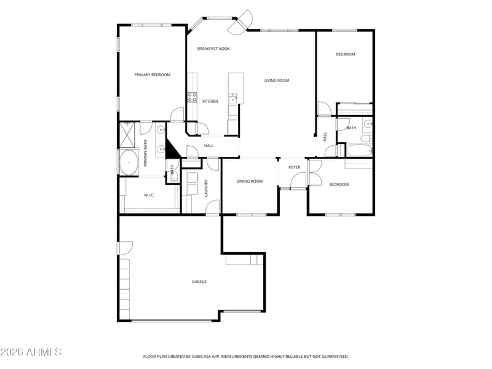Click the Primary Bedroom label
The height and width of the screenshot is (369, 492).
(152, 74)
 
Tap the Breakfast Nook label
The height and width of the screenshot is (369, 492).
(213, 49)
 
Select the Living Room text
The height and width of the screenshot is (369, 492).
(276, 81)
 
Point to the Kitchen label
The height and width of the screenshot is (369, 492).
(210, 101)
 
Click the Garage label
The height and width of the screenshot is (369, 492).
(199, 282)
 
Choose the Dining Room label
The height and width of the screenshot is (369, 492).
(250, 181)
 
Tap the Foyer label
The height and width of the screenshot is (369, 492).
(295, 167)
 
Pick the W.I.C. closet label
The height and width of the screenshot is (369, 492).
(149, 195)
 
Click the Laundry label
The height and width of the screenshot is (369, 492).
(206, 188)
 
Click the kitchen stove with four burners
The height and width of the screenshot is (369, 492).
(192, 97)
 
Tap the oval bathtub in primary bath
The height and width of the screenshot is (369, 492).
(129, 162)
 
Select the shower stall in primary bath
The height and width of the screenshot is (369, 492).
(127, 135)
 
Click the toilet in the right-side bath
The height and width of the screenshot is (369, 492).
(366, 138)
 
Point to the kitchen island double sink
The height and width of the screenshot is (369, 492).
(232, 98)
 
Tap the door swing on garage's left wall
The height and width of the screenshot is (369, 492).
(125, 248)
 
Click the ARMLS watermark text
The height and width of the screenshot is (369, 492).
(31, 352)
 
